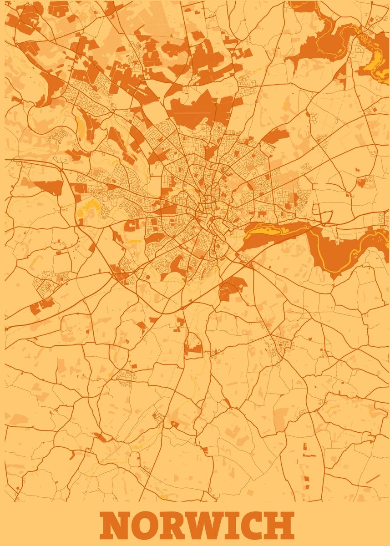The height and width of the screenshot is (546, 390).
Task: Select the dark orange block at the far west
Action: point(48,187)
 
